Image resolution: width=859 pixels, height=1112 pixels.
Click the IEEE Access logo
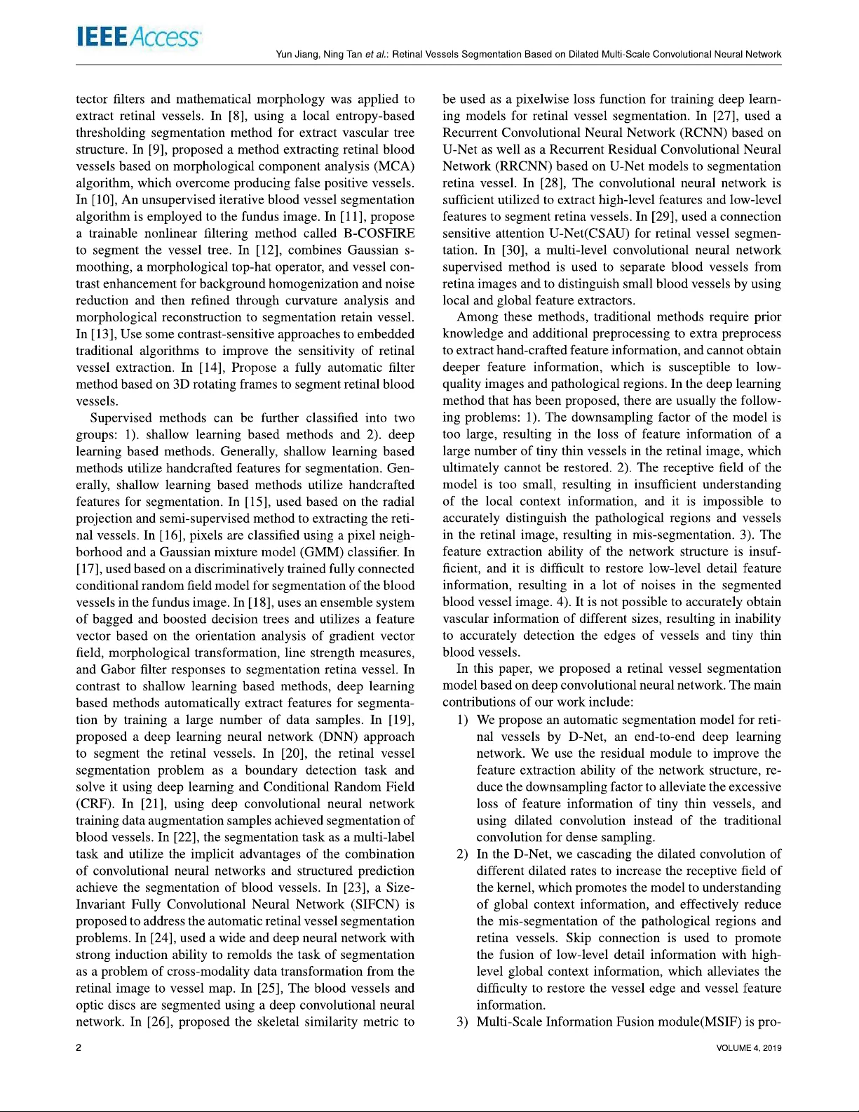coord(137,37)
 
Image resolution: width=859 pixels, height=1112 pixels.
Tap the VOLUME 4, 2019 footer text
coord(748,1048)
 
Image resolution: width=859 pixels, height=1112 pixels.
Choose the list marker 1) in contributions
coord(462,720)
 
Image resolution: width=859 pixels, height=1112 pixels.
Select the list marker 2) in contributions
coord(462,854)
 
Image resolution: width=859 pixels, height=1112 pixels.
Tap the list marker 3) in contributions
coord(462,1021)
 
